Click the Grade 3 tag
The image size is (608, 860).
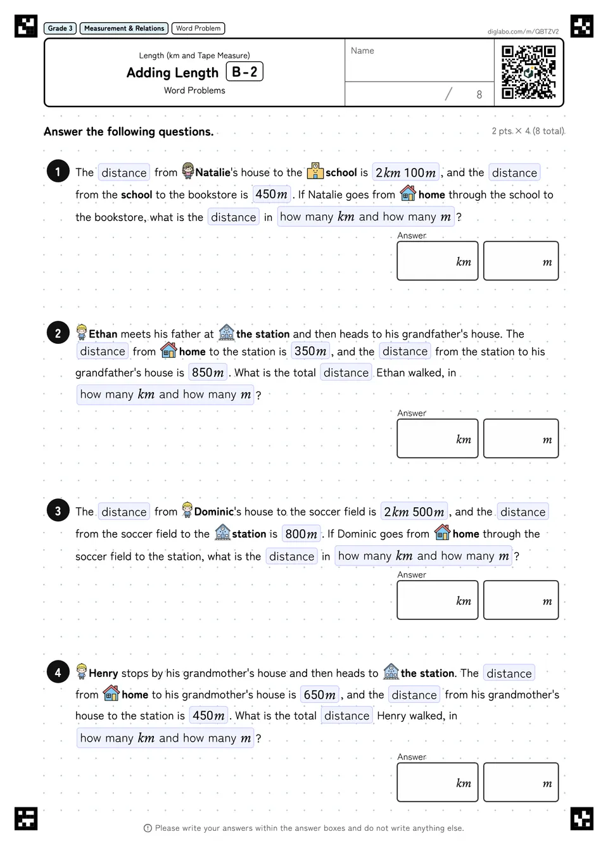click(x=60, y=28)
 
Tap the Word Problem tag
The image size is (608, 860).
click(x=198, y=28)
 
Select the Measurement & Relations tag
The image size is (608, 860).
click(x=124, y=28)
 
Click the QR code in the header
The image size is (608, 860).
click(x=529, y=72)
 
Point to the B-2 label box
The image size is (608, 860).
click(x=244, y=72)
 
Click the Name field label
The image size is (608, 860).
click(x=362, y=51)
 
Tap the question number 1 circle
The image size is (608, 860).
click(x=58, y=171)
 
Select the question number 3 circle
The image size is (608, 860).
click(x=58, y=510)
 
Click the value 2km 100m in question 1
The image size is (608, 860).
click(x=406, y=172)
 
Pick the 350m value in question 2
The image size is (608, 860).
click(x=310, y=351)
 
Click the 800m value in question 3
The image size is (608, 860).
click(x=301, y=534)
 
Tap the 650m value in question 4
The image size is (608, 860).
click(x=319, y=695)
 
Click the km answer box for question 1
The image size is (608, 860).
click(x=438, y=261)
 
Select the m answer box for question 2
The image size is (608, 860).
click(x=521, y=438)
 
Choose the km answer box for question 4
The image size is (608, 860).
click(x=438, y=782)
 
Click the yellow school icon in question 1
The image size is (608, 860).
click(x=315, y=171)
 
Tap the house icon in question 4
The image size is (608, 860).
click(x=111, y=693)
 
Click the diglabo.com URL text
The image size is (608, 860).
click(x=523, y=32)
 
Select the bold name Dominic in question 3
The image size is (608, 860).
click(x=214, y=512)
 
